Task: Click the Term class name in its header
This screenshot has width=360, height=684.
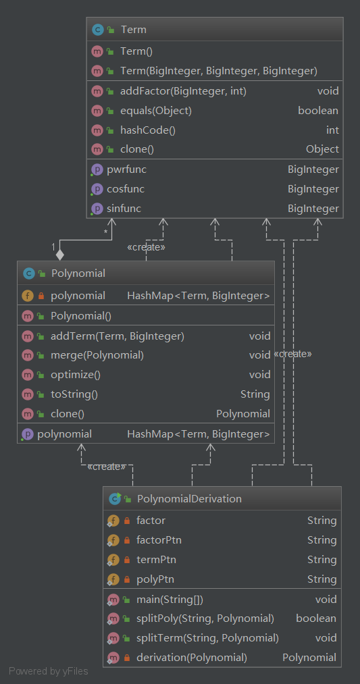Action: (133, 30)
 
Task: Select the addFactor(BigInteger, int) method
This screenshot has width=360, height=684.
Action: (183, 91)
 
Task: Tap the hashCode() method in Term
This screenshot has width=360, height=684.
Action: (147, 130)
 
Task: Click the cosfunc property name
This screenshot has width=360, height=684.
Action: (126, 189)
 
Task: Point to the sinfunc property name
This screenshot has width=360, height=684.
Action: (124, 209)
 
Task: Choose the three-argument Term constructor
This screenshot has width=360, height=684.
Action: (219, 71)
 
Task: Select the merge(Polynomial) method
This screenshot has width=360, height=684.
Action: (97, 355)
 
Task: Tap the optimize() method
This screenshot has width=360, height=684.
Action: (76, 375)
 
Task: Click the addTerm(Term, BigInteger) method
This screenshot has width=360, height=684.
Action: (118, 336)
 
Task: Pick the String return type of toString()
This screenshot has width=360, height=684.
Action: (255, 394)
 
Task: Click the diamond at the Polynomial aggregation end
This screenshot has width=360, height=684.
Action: (60, 255)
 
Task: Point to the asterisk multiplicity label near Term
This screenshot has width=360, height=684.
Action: (105, 232)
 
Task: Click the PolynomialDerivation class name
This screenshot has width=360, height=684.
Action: (189, 498)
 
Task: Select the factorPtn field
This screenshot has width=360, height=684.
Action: (159, 540)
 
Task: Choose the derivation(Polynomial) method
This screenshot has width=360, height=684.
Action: (192, 658)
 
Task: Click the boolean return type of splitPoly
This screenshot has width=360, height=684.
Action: (316, 618)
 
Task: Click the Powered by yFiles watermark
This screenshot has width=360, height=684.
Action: (49, 671)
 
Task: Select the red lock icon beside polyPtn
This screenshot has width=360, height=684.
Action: (127, 579)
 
